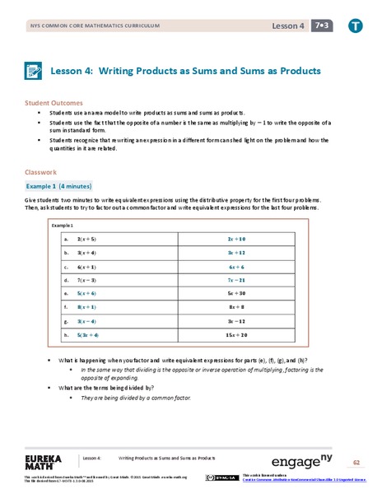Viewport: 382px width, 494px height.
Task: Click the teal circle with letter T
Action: [354, 26]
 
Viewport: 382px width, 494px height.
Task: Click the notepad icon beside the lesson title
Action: [35, 72]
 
